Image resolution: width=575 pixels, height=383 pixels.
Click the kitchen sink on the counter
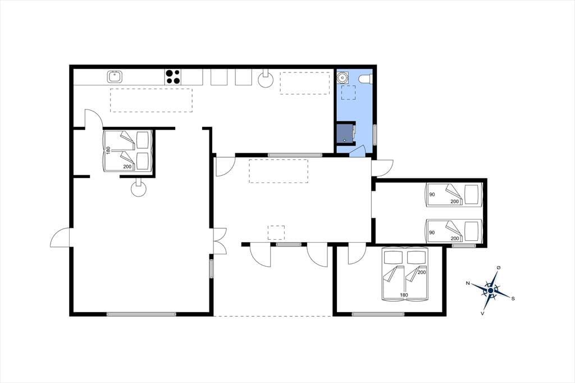(x=115, y=77)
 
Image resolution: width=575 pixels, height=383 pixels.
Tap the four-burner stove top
(x=173, y=77)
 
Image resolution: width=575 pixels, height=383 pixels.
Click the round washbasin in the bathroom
(x=343, y=77)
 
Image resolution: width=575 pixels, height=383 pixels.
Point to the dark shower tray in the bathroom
(x=345, y=133)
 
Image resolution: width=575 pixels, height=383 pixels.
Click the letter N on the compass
(x=468, y=283)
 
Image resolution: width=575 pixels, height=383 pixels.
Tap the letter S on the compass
(x=513, y=299)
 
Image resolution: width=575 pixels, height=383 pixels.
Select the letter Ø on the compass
(x=499, y=268)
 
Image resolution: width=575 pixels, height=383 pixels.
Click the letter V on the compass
(x=482, y=314)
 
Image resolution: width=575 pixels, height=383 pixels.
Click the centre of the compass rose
(x=491, y=290)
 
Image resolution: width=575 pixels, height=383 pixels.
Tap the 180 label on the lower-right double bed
(x=404, y=295)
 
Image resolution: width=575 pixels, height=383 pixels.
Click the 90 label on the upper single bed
(x=432, y=194)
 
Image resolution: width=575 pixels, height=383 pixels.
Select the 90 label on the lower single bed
(x=432, y=232)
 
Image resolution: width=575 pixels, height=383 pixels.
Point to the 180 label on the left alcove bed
(x=108, y=151)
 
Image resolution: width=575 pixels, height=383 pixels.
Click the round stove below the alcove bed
(x=139, y=188)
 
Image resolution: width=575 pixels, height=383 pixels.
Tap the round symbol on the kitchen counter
(x=265, y=79)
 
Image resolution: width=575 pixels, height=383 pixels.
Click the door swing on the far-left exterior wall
(x=60, y=238)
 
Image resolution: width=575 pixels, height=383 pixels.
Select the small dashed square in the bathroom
(x=348, y=93)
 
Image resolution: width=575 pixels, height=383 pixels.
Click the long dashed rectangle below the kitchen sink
(x=151, y=100)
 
